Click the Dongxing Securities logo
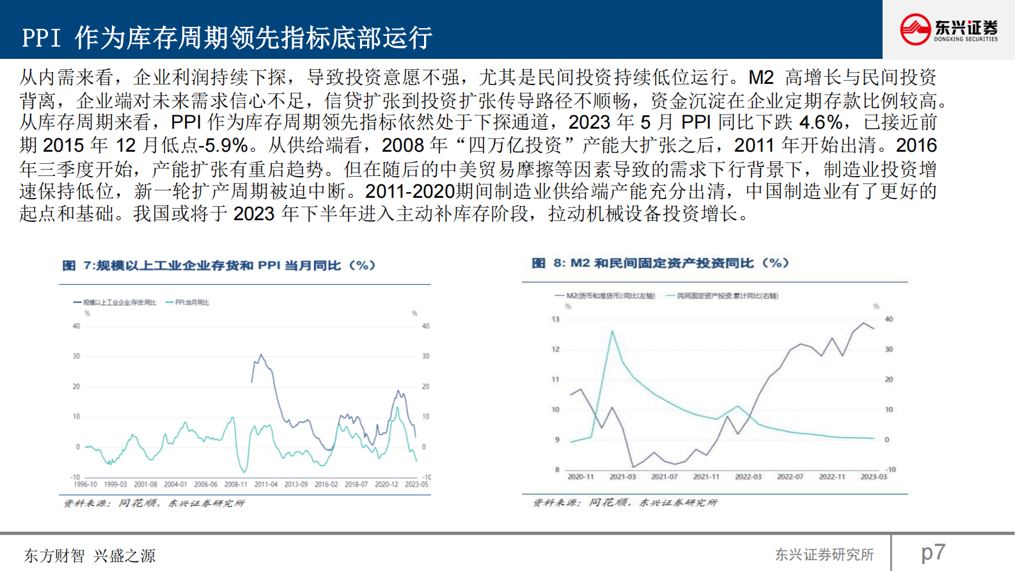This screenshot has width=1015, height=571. (x=948, y=29)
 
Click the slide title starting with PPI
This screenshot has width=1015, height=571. (x=227, y=38)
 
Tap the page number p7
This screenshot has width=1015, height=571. (x=933, y=552)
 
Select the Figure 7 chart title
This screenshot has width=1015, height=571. (x=219, y=266)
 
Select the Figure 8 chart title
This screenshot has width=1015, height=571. (x=660, y=263)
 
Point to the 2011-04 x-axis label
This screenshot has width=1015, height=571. (x=266, y=485)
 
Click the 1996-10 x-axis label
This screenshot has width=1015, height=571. (x=85, y=485)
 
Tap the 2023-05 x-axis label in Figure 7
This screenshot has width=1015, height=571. (x=416, y=485)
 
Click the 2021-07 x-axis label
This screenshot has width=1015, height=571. (x=665, y=477)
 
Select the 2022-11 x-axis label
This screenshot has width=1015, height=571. (x=832, y=477)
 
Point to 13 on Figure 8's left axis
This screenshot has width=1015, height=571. (x=555, y=319)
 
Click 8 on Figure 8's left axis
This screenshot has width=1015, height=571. (x=557, y=469)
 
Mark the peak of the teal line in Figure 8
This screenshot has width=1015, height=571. (x=612, y=332)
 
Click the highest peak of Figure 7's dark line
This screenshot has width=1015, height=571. (x=260, y=355)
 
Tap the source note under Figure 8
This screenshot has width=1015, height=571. (x=625, y=503)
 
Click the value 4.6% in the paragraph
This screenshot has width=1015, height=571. (x=821, y=122)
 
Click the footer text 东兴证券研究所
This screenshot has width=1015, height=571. (x=824, y=554)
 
